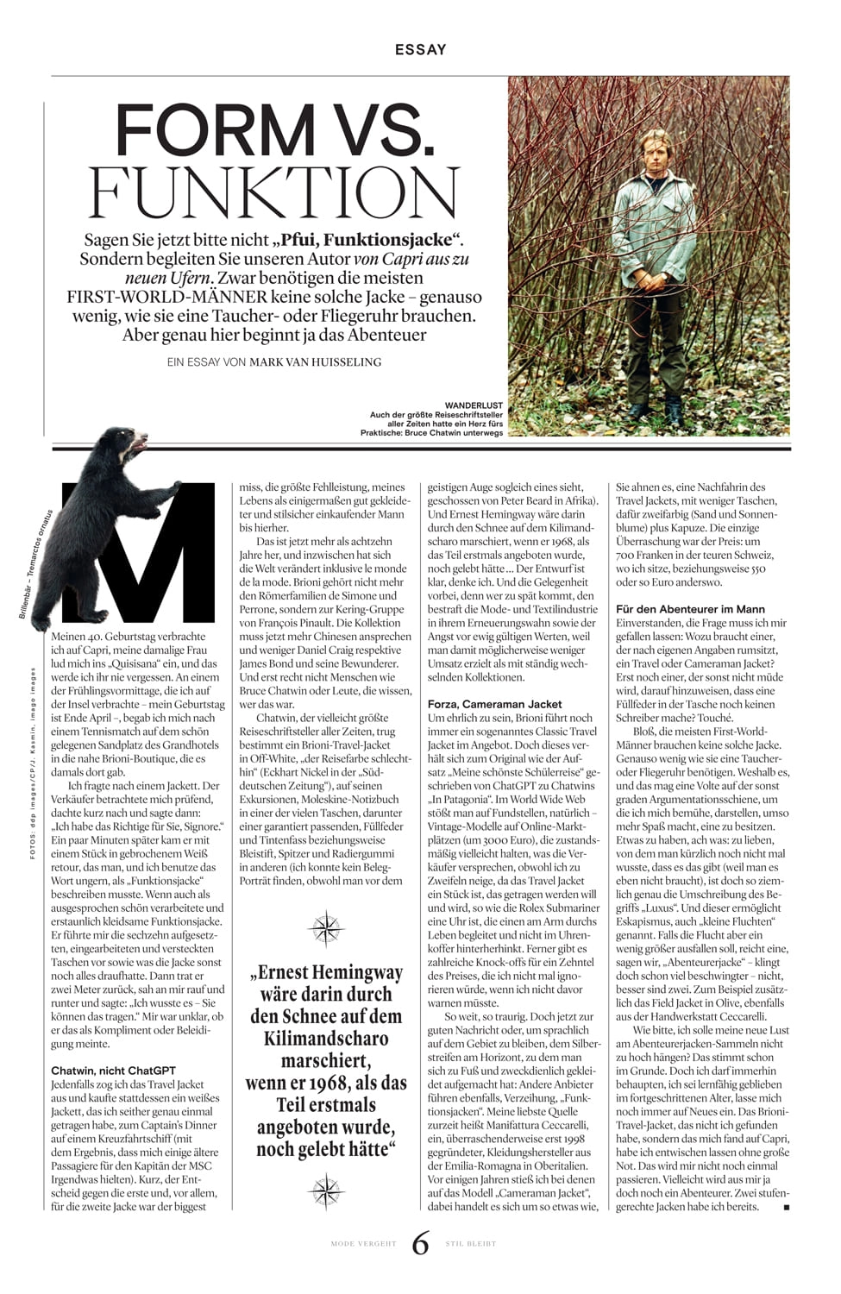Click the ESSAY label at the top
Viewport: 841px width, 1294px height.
pyautogui.click(x=420, y=49)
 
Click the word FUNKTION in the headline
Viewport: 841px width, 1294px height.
pyautogui.click(x=278, y=192)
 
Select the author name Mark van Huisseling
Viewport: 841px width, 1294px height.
pyautogui.click(x=315, y=362)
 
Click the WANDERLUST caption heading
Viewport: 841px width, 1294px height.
pyautogui.click(x=474, y=405)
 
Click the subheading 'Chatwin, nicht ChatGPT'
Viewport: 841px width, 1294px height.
pyautogui.click(x=113, y=1071)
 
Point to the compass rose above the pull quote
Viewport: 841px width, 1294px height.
pyautogui.click(x=327, y=928)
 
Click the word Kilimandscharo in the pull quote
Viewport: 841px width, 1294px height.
pyautogui.click(x=326, y=1038)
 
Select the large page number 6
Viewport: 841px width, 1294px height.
pyautogui.click(x=420, y=1243)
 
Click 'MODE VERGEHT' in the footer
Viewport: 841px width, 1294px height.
pyautogui.click(x=363, y=1244)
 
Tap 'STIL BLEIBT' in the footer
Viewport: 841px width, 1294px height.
pyautogui.click(x=470, y=1244)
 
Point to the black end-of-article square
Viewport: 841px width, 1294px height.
pyautogui.click(x=786, y=1208)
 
